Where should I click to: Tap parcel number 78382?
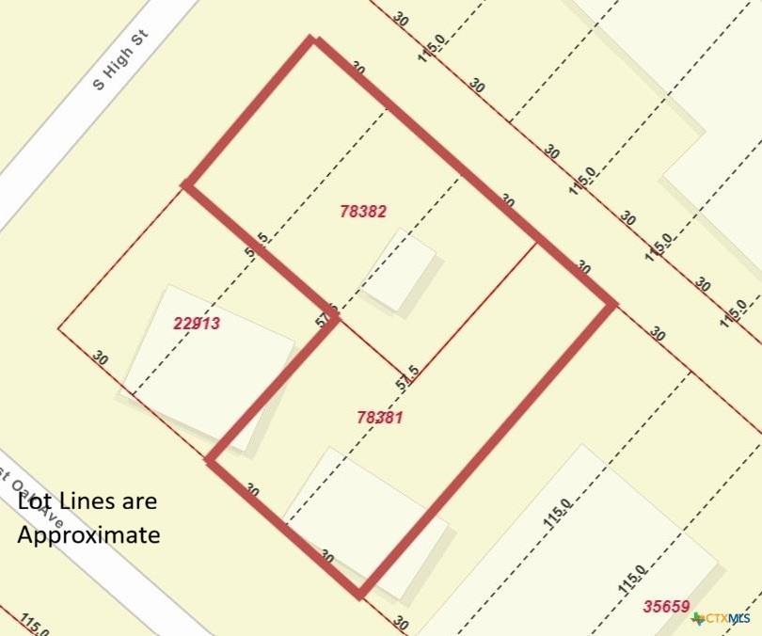coord(363,213)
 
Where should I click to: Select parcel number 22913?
coord(197,324)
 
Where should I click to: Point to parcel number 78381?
coord(380,417)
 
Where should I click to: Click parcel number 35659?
coord(666,607)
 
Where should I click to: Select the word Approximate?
coord(88,535)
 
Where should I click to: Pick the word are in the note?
coord(139,502)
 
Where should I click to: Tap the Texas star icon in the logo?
coord(698,618)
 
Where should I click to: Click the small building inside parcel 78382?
coord(400,270)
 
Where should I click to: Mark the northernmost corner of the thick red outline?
coord(314,40)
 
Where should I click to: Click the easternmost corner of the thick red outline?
coord(613,304)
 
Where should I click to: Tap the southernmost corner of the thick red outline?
coord(359,593)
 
